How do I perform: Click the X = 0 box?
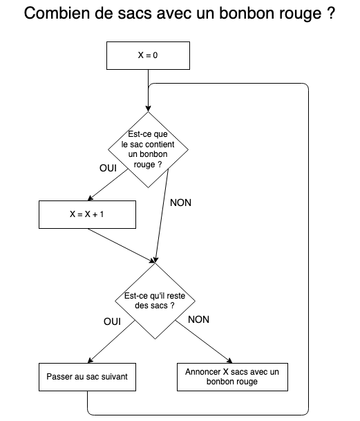click(148, 55)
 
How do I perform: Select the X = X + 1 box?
click(87, 214)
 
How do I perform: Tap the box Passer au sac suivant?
click(87, 377)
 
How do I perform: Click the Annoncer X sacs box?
click(232, 377)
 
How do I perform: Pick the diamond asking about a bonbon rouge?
click(148, 149)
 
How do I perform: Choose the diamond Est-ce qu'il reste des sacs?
click(155, 301)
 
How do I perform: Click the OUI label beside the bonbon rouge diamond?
click(108, 168)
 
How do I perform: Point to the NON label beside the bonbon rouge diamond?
click(180, 203)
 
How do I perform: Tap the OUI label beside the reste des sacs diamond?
click(112, 321)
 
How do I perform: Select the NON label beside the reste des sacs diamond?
click(199, 319)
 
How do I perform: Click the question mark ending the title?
click(332, 13)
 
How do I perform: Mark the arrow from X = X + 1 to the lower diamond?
click(122, 245)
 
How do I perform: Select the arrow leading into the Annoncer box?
click(204, 342)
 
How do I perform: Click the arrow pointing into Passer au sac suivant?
click(111, 342)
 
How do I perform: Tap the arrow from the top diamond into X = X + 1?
click(108, 185)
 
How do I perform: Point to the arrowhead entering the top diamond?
click(148, 109)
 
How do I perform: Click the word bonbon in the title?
click(247, 13)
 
